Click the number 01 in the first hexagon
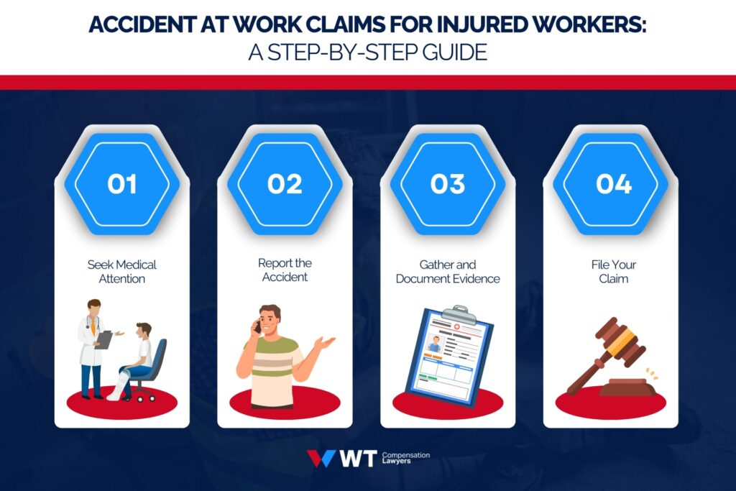coord(122,185)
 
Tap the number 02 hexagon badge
coord(285,185)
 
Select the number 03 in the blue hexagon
coord(448,185)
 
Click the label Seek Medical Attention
coord(122,272)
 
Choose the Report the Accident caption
coord(285,270)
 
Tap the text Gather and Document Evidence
coord(447,272)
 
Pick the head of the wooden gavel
coord(616,341)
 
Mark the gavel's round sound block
coord(627,388)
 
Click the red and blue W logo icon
coord(321,459)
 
